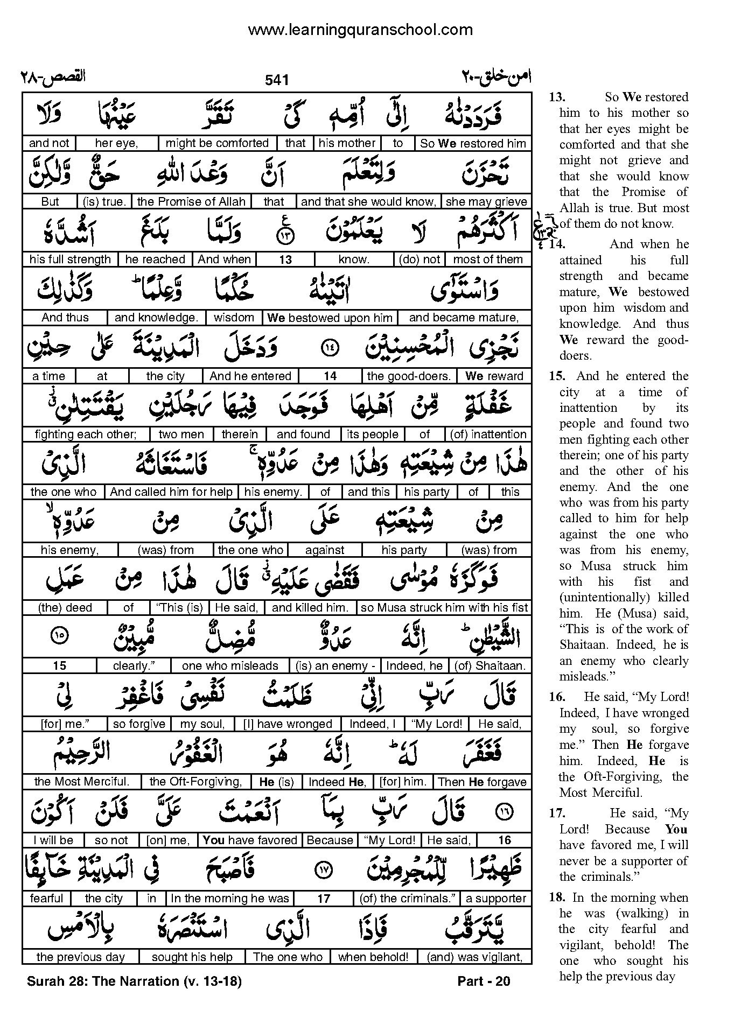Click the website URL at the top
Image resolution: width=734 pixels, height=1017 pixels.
(x=360, y=30)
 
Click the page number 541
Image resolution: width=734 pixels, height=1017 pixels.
(x=277, y=80)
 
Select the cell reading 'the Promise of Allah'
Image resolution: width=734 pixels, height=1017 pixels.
(x=191, y=202)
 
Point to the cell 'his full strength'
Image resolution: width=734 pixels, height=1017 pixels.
(x=70, y=259)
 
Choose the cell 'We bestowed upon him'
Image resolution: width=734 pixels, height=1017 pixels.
(x=330, y=318)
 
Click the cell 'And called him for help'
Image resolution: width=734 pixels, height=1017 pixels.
(x=171, y=492)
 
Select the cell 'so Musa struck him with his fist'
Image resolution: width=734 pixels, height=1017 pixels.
(x=444, y=608)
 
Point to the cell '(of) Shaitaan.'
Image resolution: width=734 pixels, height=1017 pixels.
(x=490, y=666)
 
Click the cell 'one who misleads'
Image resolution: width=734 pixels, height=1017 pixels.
(x=230, y=666)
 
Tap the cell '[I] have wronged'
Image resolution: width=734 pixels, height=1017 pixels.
(x=288, y=724)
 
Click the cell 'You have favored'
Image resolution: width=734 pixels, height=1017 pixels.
(x=250, y=840)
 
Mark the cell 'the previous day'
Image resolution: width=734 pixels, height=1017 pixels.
(x=81, y=957)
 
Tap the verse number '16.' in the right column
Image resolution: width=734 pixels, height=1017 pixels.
(x=557, y=697)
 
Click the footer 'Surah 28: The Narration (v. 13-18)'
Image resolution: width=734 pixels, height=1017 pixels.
(x=134, y=981)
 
